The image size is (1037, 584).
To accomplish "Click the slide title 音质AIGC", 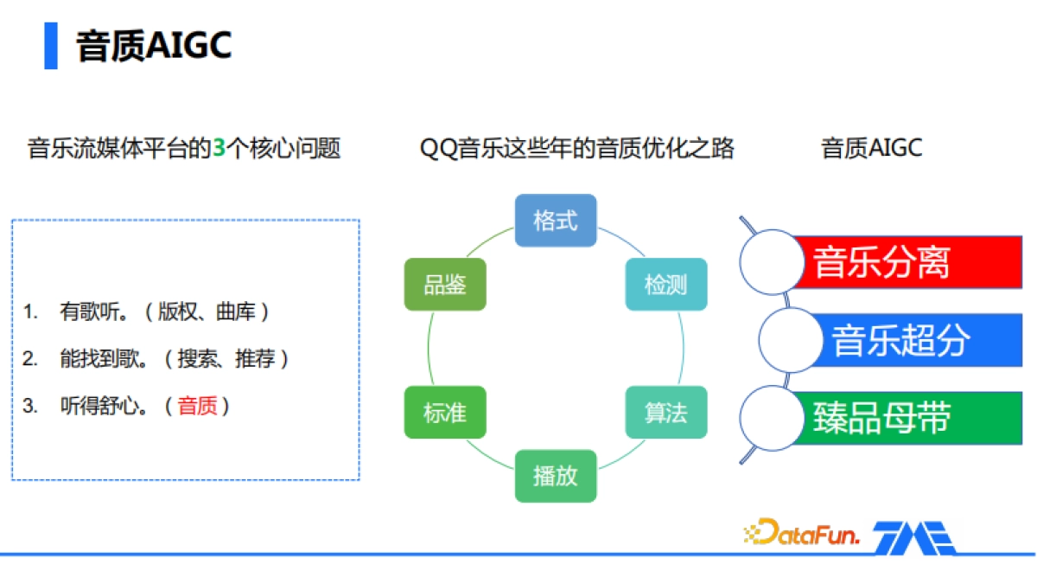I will click(154, 45).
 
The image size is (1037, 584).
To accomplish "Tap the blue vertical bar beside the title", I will click(51, 46).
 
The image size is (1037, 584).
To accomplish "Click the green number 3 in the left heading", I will click(219, 149).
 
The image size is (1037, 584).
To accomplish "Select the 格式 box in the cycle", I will click(556, 221).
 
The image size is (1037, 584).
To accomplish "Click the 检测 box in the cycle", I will click(665, 284).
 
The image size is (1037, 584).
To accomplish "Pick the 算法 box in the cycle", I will click(665, 413).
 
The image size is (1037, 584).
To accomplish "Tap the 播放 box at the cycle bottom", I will click(556, 476).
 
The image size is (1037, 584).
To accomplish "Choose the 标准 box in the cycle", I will click(445, 413).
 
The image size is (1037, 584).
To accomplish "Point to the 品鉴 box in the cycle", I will click(445, 284).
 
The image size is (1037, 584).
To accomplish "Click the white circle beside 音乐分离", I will click(772, 262).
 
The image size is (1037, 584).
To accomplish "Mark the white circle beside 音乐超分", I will click(790, 340).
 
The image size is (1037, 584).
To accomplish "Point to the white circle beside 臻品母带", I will click(772, 418).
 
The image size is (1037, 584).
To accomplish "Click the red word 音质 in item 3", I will click(198, 406).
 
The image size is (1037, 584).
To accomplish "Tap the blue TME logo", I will click(913, 537).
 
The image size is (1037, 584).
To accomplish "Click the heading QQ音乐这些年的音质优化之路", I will click(576, 149).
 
